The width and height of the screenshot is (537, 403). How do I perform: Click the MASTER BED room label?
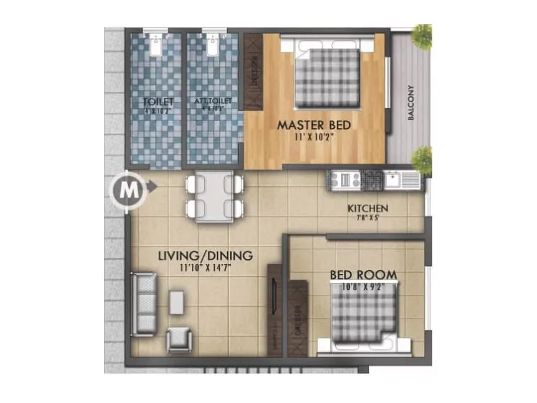[314, 125]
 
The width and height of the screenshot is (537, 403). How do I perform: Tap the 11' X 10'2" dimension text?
[314, 138]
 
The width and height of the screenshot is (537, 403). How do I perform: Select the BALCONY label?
[411, 104]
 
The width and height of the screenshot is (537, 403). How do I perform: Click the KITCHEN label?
[368, 208]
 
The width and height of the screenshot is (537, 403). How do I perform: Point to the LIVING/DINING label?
[205, 256]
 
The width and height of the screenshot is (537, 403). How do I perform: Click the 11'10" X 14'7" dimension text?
[205, 267]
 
